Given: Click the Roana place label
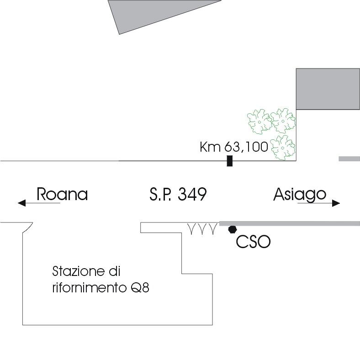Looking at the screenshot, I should (x=62, y=195).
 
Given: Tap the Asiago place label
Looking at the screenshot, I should (x=300, y=195).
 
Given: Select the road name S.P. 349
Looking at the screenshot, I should (x=178, y=195).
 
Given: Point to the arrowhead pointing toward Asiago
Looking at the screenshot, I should (x=336, y=203).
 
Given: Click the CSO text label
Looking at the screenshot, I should (x=253, y=242).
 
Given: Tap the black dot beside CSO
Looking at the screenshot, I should (x=233, y=228).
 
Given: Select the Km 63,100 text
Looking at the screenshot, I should (x=234, y=147).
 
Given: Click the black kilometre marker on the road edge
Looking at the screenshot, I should (x=229, y=161).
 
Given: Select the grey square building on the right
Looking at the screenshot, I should (x=328, y=89).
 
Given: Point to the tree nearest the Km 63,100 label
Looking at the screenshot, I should (x=283, y=147).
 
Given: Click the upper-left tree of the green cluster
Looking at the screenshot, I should (x=259, y=121).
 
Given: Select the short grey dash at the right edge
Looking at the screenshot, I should (x=349, y=159).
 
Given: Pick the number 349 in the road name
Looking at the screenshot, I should (x=191, y=195).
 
